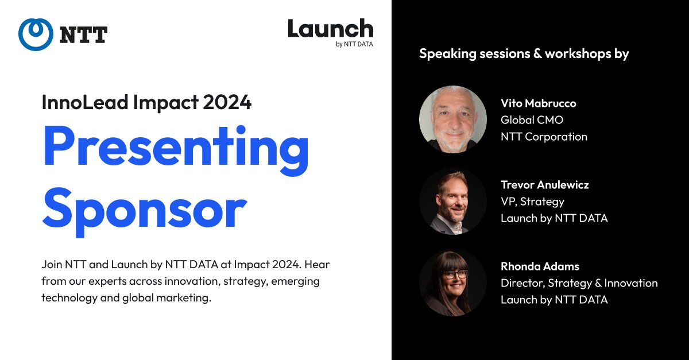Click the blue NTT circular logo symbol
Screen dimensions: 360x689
[36, 34]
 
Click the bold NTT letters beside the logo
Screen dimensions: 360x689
[83, 35]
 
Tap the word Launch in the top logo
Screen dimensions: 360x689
[330, 29]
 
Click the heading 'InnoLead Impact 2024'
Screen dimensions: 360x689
[146, 102]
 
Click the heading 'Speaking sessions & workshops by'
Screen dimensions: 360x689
[524, 54]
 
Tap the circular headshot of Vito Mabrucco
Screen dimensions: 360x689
[453, 119]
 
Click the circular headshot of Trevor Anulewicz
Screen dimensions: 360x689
[453, 201]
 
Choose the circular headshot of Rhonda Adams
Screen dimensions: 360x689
[453, 282]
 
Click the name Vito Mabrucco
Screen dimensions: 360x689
[538, 103]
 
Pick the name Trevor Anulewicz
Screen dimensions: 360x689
[544, 185]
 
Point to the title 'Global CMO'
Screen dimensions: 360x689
[532, 120]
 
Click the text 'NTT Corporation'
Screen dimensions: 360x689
[544, 137]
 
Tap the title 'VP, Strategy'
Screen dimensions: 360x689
[532, 202]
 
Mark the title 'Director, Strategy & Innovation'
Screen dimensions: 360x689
[579, 283]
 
